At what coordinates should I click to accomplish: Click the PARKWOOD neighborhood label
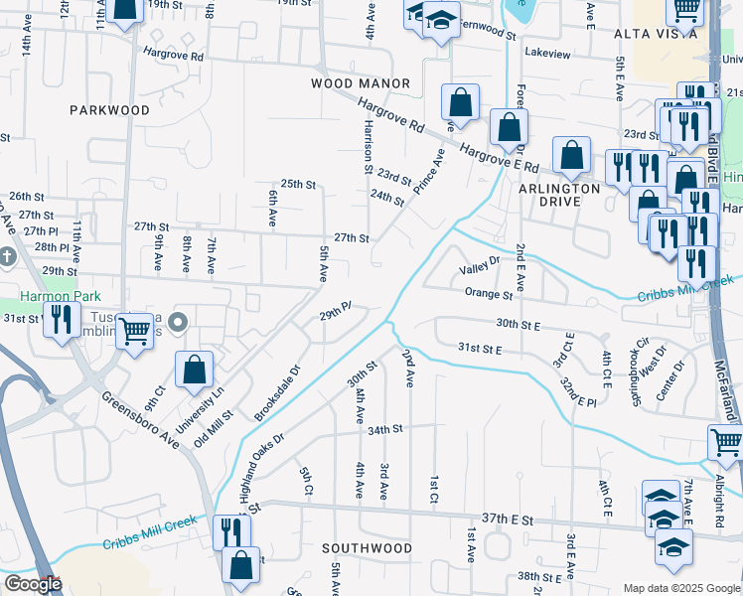click(x=109, y=110)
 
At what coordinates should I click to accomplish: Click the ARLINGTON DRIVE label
click(x=559, y=195)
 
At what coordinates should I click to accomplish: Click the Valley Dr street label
click(x=479, y=271)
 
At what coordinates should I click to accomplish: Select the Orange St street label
click(x=488, y=294)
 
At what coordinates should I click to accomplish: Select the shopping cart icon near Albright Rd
click(x=725, y=443)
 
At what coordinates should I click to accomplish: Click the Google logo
click(x=33, y=584)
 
